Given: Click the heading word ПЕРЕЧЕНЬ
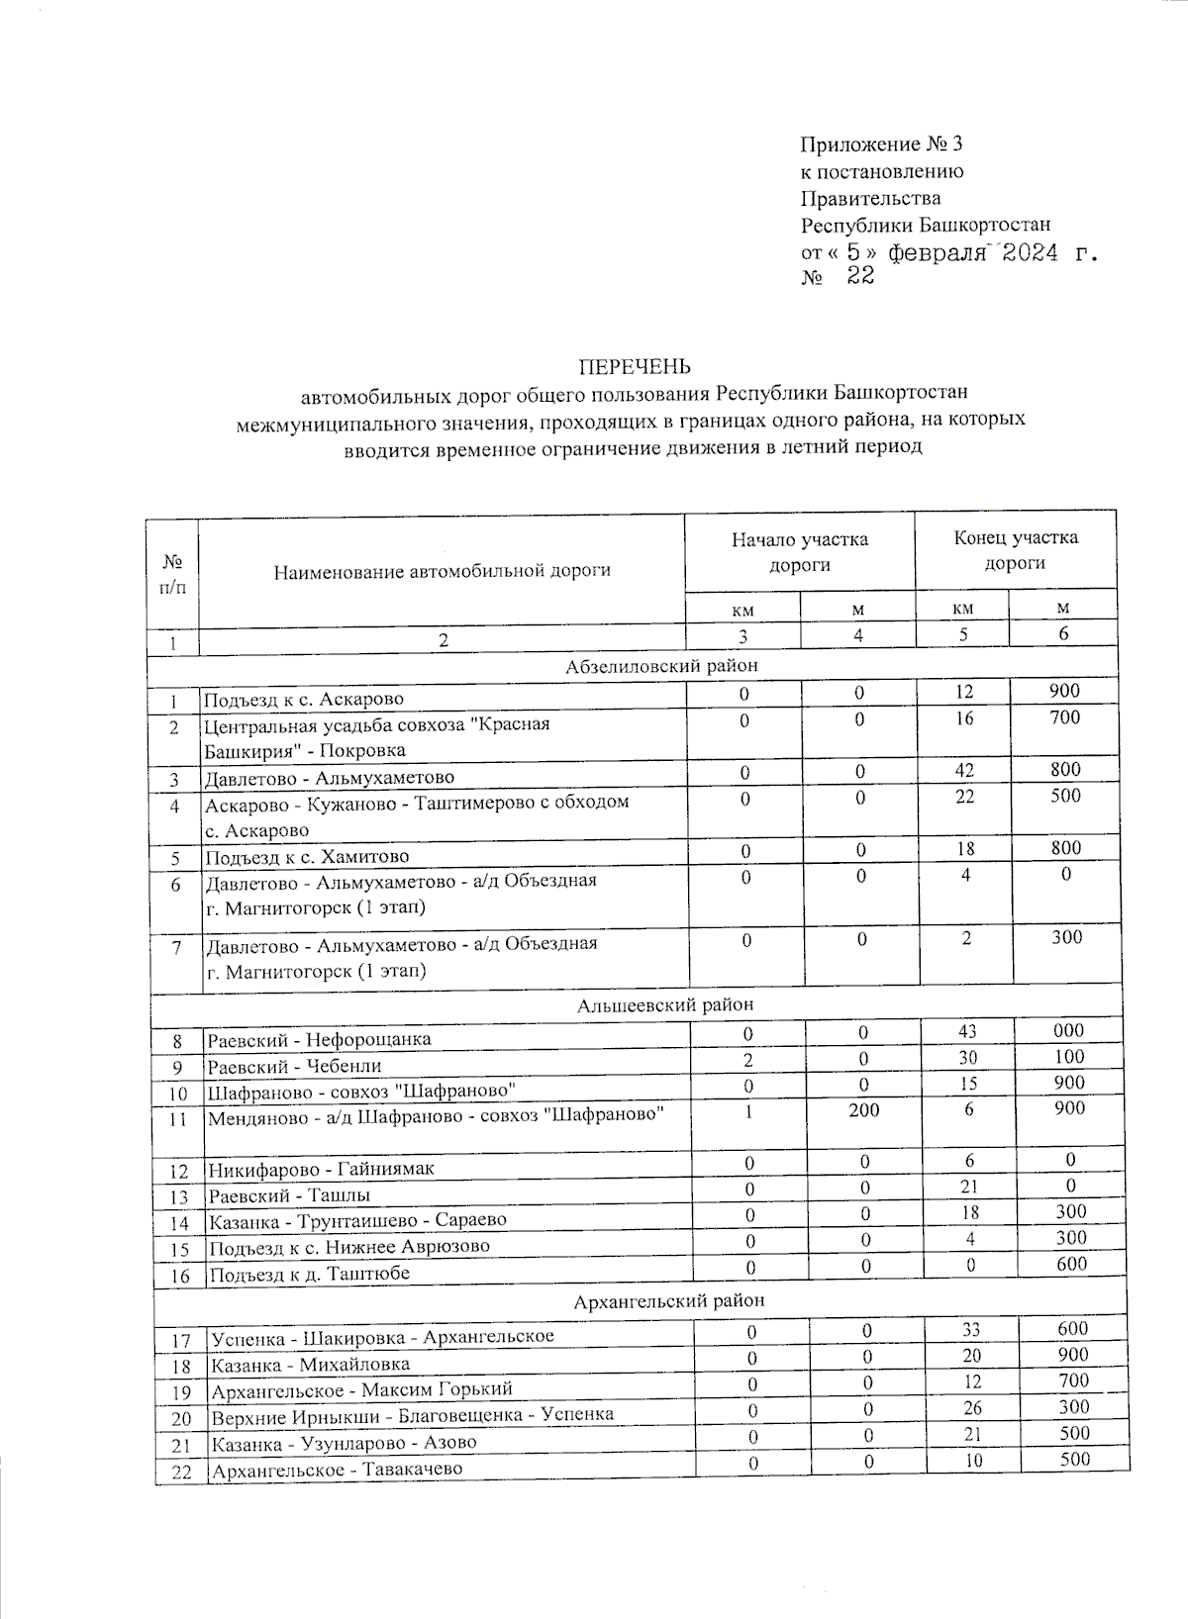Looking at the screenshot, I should [633, 367].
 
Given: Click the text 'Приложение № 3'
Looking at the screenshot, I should [881, 144].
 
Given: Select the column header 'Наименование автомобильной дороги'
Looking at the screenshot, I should [442, 570].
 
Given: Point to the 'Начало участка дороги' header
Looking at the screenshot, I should [799, 552].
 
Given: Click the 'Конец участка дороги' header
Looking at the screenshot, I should [1015, 550].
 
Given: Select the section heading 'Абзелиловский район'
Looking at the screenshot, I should [662, 666].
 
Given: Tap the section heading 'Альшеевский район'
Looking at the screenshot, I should [664, 1004].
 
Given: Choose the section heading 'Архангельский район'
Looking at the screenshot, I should [669, 1300].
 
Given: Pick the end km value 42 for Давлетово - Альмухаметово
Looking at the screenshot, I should [964, 770].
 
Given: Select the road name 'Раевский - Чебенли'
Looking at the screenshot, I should [294, 1067].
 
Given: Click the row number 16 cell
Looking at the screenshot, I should [179, 1276].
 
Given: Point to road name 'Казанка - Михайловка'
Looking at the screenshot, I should [310, 1365].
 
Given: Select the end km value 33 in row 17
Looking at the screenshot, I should [971, 1329].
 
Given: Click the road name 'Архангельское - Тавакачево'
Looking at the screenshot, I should [337, 1470].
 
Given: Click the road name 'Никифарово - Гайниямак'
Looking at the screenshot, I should [321, 1169].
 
